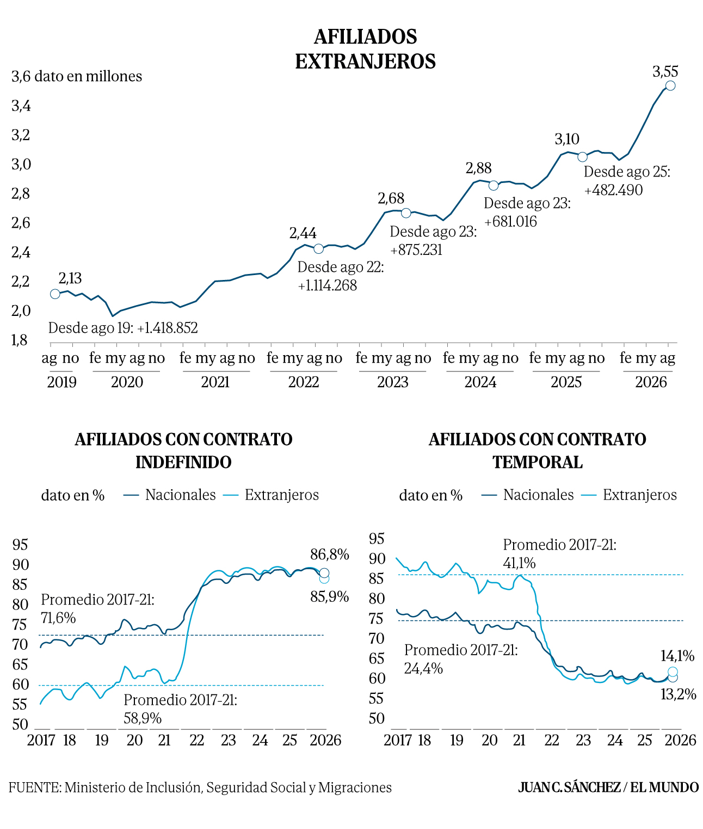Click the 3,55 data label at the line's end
(665, 72)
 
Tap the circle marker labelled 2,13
(55, 294)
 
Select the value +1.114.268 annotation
(327, 285)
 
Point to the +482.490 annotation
(613, 190)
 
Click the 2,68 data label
(391, 198)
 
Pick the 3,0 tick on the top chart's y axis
(21, 164)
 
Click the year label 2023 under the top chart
(392, 382)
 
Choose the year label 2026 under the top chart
(651, 382)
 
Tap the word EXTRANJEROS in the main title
(365, 62)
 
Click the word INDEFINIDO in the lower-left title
(183, 462)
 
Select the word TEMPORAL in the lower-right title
(538, 462)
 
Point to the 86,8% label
(330, 554)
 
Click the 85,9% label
(330, 597)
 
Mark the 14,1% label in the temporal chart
(677, 656)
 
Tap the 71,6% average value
(58, 618)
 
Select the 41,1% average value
(519, 564)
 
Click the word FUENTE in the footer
(35, 788)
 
